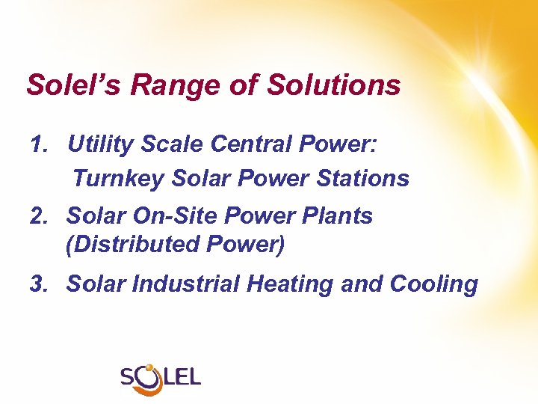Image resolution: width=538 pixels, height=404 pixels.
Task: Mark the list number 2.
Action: click(x=39, y=216)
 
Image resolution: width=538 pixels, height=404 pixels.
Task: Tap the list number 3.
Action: click(x=39, y=284)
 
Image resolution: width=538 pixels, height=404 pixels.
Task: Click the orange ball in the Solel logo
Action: click(x=149, y=367)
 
